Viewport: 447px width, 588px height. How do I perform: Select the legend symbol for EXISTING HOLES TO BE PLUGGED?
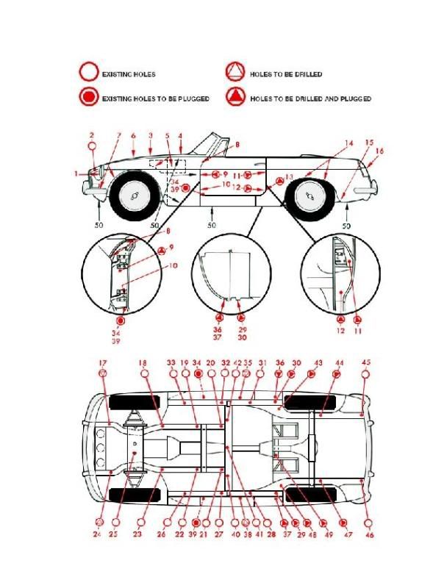pos(89,98)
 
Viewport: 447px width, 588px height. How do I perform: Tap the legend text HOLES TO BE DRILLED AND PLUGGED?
pos(310,98)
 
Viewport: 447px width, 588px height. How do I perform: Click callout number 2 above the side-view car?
pos(92,135)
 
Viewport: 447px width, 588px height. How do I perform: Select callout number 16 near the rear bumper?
pos(379,151)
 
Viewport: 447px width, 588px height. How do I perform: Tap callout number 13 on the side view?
pos(289,177)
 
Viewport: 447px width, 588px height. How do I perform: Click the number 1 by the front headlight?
pos(76,173)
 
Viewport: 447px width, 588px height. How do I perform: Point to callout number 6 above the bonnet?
pos(134,136)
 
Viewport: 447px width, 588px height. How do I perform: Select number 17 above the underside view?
pos(103,362)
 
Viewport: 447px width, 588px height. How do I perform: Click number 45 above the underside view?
pos(366,362)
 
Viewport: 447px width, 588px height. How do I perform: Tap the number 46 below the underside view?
pos(369,535)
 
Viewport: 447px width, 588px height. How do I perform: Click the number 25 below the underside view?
pos(114,534)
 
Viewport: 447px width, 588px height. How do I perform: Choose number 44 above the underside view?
pos(339,363)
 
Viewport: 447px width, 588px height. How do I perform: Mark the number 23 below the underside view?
pos(137,534)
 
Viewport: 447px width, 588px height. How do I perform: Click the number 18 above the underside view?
pos(143,362)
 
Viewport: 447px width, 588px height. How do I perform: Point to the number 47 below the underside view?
pos(348,534)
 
